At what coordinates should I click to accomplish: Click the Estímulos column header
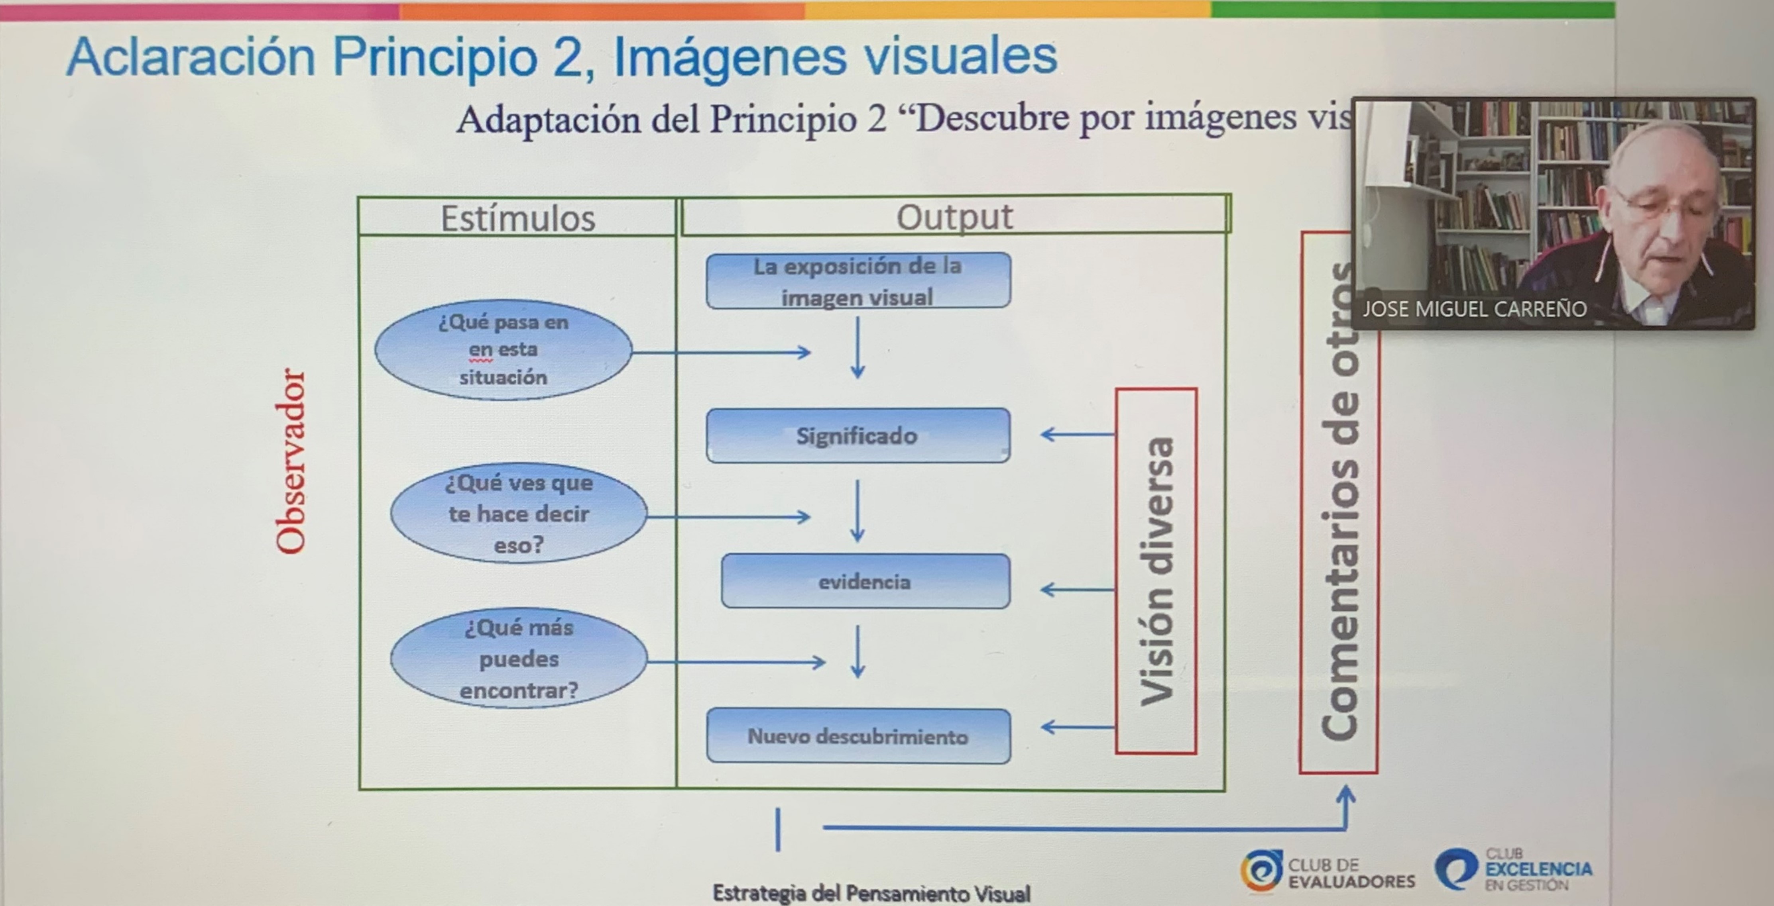pyautogui.click(x=517, y=218)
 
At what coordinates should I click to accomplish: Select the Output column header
pyautogui.click(x=954, y=217)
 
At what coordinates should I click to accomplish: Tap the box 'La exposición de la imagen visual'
pyautogui.click(x=858, y=281)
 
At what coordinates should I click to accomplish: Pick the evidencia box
pyautogui.click(x=865, y=582)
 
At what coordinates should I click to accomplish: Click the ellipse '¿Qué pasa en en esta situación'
pyautogui.click(x=503, y=350)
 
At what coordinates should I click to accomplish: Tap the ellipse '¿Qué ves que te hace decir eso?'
pyautogui.click(x=519, y=514)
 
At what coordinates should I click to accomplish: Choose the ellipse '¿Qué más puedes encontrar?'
pyautogui.click(x=519, y=659)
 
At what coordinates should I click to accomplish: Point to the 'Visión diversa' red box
pyautogui.click(x=1156, y=571)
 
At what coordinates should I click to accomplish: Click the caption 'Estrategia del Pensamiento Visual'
pyautogui.click(x=871, y=893)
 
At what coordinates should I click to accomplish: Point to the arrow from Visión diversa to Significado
pyautogui.click(x=1078, y=434)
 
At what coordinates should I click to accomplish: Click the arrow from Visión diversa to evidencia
pyautogui.click(x=1078, y=589)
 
